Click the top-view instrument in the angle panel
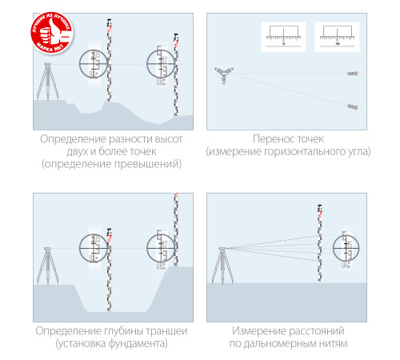[223, 74]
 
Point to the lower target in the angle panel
[350, 106]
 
